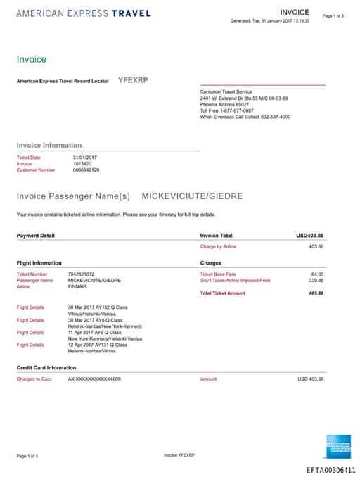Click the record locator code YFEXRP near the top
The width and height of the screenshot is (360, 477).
point(133,80)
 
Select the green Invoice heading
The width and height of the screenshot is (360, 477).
point(32,60)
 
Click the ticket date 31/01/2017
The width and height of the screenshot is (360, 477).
point(84,157)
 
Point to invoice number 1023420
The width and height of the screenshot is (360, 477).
point(82,163)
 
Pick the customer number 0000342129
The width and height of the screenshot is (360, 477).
point(86,170)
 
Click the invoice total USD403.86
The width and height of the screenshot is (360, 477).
point(309,235)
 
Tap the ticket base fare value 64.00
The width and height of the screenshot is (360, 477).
point(317,274)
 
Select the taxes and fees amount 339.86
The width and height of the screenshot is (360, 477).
point(316,280)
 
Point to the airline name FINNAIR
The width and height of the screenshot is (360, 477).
point(77,286)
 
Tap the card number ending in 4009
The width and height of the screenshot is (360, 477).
point(94,379)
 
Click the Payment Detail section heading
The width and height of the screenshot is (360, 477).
point(35,235)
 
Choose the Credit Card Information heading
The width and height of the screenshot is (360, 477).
point(46,367)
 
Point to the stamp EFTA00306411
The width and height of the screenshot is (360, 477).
point(330,470)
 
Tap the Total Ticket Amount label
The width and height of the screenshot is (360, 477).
point(223,293)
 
